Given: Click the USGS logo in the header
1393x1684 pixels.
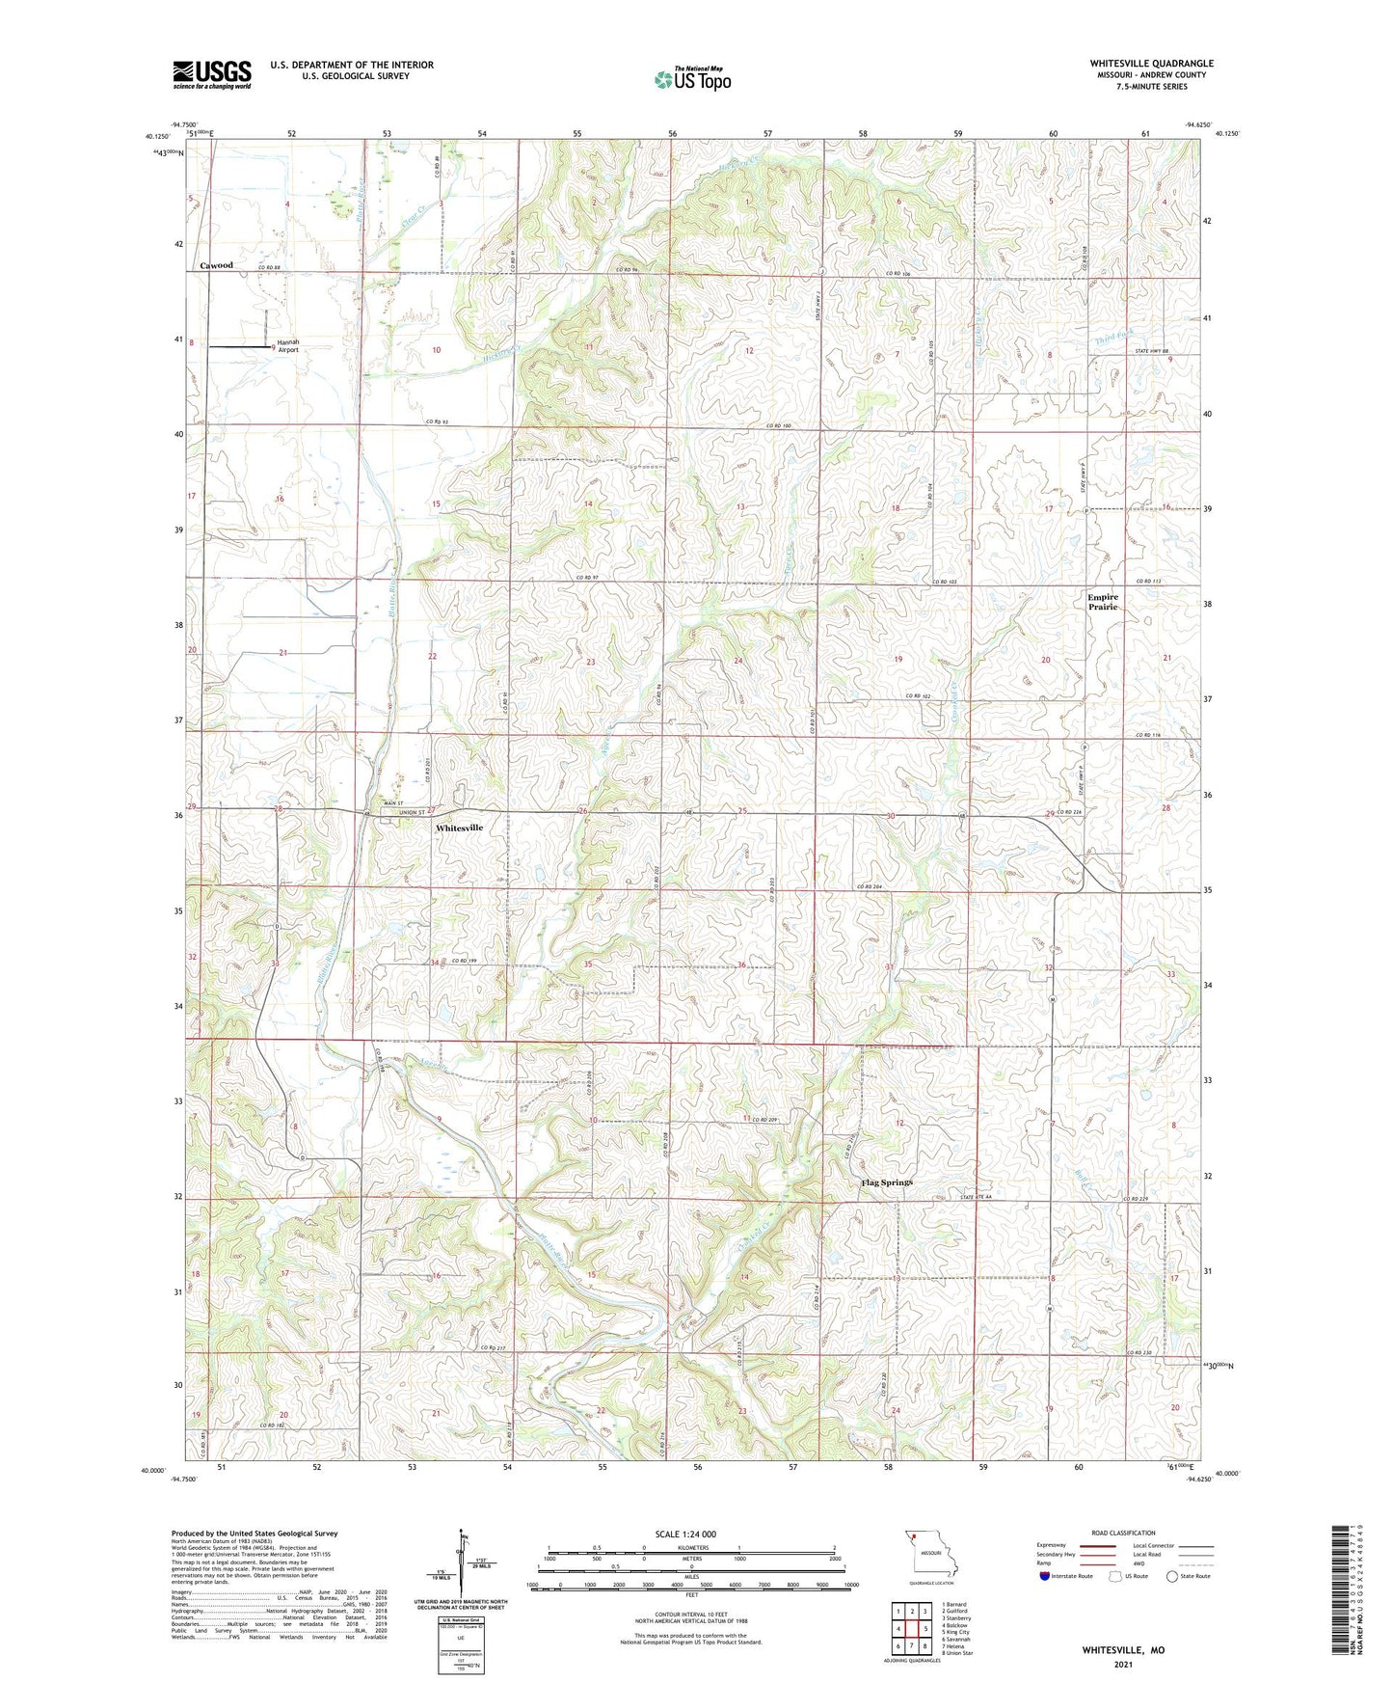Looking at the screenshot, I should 212,73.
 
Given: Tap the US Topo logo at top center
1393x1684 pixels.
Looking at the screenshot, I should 692,79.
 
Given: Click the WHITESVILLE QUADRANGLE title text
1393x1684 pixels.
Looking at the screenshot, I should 1151,64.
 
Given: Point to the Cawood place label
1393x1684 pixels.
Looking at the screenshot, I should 216,265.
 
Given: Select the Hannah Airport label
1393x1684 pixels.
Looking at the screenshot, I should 288,346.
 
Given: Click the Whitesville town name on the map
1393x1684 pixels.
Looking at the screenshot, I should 460,828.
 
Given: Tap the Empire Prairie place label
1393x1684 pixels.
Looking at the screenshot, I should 1103,602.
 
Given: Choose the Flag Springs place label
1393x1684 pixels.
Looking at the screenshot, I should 887,1182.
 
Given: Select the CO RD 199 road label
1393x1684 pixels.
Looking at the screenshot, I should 465,962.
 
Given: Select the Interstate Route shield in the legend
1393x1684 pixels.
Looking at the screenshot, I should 1045,1576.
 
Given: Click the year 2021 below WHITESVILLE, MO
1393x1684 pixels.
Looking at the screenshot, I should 1123,1665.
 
